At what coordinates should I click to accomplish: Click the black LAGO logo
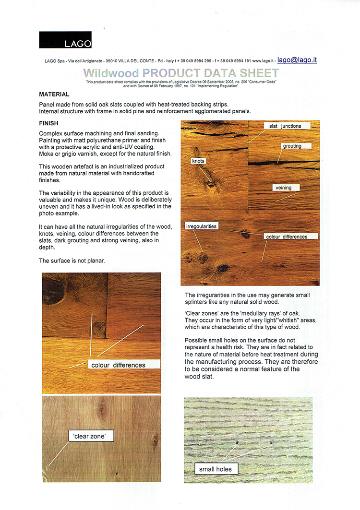[65, 40]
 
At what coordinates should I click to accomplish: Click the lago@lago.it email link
[297, 60]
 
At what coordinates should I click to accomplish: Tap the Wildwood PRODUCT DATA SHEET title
[181, 73]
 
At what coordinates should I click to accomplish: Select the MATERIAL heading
[54, 95]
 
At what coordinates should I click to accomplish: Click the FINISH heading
[48, 123]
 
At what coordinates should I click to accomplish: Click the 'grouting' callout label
[292, 146]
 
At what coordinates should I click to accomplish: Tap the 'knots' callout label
[198, 161]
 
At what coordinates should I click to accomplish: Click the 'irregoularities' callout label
[201, 226]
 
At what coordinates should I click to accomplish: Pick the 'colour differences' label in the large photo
[286, 237]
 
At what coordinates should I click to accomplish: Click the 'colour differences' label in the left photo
[118, 365]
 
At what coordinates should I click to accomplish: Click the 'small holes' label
[216, 469]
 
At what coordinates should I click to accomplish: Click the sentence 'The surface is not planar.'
[72, 261]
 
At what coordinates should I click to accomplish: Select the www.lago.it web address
[262, 61]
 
